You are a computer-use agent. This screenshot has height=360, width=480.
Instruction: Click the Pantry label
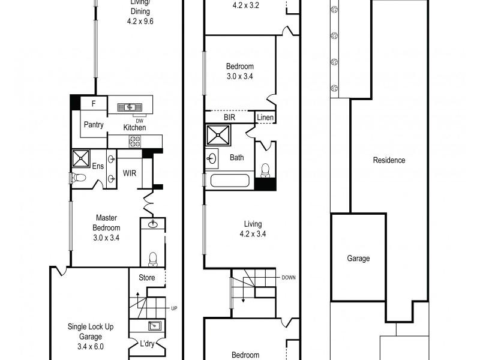[x=94, y=125]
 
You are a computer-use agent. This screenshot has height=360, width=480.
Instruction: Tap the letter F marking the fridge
[x=93, y=104]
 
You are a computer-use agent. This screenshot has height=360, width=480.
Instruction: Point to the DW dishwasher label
[x=139, y=119]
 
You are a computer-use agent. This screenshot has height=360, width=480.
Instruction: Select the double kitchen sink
[x=130, y=107]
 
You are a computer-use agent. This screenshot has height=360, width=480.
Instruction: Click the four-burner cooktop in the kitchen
[x=135, y=142]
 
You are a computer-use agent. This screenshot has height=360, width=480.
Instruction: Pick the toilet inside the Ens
[x=77, y=178]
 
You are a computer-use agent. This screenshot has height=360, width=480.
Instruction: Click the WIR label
[x=130, y=173]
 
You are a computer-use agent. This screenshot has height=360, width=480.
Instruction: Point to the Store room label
[x=147, y=277]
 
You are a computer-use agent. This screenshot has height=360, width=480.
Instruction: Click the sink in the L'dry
[x=152, y=326]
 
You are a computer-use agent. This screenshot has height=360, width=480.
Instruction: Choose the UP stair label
[x=174, y=308]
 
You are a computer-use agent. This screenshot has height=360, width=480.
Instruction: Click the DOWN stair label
[x=289, y=278]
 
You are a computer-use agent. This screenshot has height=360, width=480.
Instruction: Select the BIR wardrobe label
[x=230, y=118]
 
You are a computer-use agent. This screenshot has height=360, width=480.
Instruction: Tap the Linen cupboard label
[x=265, y=118]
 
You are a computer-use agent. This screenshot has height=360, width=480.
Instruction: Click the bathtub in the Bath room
[x=228, y=180]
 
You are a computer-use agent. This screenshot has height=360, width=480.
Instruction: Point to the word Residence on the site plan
[x=389, y=160]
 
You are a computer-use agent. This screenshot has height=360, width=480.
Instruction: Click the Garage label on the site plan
[x=358, y=259]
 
